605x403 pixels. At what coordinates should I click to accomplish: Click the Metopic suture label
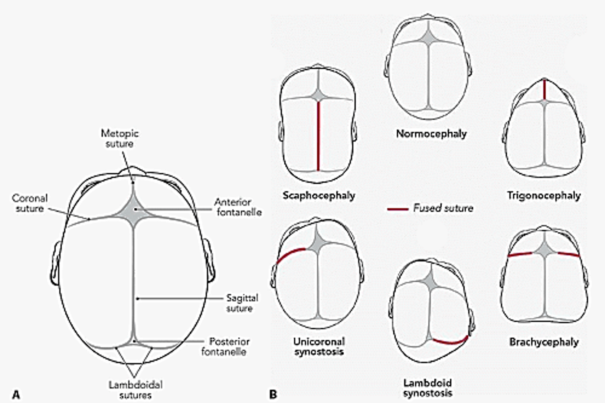point(120,138)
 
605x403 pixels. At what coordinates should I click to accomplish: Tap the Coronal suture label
point(30,203)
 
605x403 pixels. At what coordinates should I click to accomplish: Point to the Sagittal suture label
point(242,303)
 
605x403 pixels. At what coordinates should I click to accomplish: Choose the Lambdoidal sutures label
point(135,390)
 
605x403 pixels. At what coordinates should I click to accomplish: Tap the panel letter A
point(16,394)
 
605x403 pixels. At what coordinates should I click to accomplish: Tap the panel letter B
point(273,394)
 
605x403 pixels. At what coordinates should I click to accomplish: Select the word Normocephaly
point(431,134)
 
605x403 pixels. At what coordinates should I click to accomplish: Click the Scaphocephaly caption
point(319,195)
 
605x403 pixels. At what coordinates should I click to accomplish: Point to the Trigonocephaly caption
point(544,195)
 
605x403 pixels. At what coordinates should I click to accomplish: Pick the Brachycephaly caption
point(544,342)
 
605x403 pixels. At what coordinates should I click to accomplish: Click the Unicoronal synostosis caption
point(319,346)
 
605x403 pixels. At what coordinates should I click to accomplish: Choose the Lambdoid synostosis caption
point(428,387)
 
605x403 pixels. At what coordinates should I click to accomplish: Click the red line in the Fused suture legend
point(398,209)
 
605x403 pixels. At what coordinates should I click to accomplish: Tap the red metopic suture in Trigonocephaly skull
point(544,89)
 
